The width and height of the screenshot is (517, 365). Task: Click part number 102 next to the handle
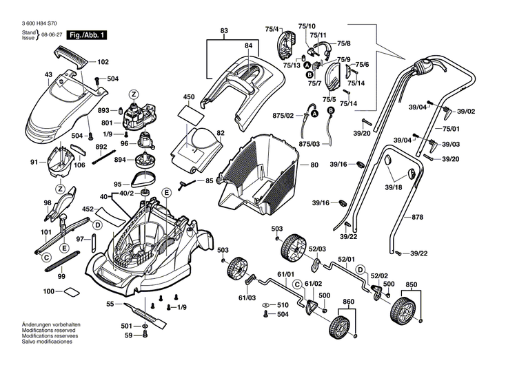pos(103,61)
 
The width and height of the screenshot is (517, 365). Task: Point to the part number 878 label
pos(418,217)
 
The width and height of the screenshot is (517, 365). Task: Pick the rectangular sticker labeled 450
pos(188,109)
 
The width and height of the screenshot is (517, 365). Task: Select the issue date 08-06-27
pos(50,34)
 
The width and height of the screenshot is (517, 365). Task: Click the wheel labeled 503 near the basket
pos(293,247)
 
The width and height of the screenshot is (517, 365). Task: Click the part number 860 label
pos(348,302)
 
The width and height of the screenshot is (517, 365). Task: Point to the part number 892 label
pos(101,147)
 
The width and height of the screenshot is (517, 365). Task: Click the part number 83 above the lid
pos(224,32)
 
